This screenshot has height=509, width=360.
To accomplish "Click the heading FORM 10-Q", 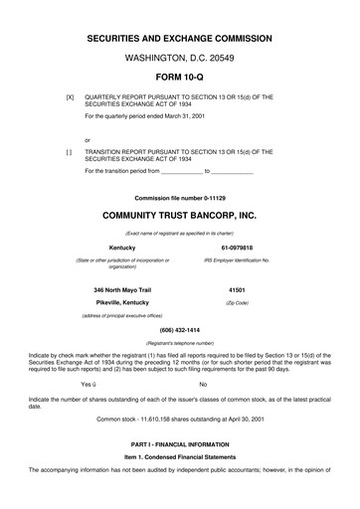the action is tap(179, 78).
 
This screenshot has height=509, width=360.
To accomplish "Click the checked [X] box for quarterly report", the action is tap(70, 96).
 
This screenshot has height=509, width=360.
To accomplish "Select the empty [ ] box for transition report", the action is tap(70, 152).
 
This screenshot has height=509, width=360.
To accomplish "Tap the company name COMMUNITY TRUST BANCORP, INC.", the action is tap(179, 215).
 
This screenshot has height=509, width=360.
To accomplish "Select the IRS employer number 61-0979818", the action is tap(237, 247).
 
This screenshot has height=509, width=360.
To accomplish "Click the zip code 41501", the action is tap(237, 285).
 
